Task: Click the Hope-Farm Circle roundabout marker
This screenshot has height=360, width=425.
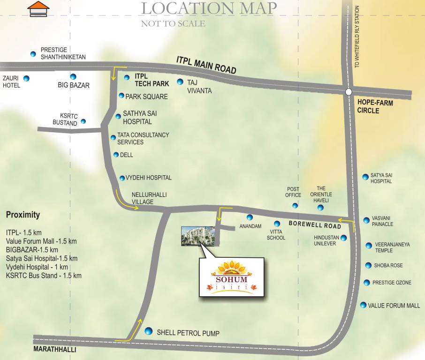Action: (348, 92)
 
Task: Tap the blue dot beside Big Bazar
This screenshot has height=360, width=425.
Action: (73, 77)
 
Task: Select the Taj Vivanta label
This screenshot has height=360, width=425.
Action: (199, 86)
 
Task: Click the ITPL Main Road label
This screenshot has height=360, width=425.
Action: (206, 65)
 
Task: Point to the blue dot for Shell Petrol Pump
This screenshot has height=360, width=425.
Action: (149, 331)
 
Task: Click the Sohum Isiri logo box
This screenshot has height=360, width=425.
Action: (231, 277)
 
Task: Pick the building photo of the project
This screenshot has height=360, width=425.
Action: (198, 236)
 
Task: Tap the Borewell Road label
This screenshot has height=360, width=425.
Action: (315, 225)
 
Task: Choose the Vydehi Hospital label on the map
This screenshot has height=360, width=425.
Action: (149, 178)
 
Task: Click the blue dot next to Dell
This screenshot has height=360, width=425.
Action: (116, 155)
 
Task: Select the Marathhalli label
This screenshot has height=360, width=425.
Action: (54, 350)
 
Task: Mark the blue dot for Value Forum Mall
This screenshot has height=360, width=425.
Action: (363, 305)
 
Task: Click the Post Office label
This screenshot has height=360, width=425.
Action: (293, 192)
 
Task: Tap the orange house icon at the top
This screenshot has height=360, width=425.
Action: (38, 9)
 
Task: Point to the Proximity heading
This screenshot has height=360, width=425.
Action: (23, 215)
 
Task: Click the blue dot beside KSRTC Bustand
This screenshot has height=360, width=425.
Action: (83, 121)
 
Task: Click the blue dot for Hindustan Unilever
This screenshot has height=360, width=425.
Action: (344, 238)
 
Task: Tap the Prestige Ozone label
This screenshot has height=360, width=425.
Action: (392, 283)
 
